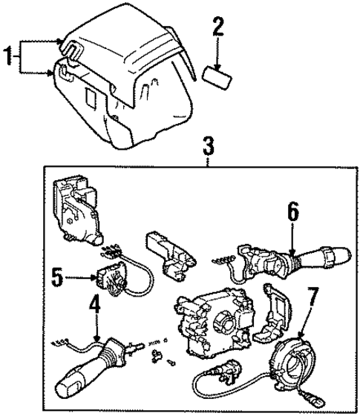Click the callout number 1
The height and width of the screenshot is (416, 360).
click(x=10, y=56)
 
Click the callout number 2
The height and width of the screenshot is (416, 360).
click(x=217, y=28)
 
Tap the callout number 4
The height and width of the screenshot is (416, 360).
click(x=95, y=305)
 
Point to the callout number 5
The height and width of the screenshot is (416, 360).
click(x=56, y=279)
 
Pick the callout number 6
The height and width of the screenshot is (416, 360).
click(x=292, y=213)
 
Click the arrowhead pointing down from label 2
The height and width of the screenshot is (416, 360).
click(x=217, y=65)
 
